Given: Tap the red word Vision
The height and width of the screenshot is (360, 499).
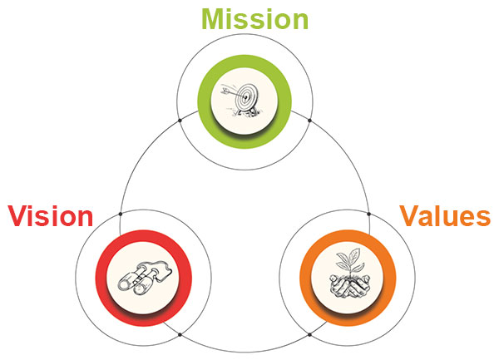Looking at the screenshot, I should [51, 216].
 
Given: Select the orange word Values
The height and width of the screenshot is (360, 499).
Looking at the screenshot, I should [444, 216].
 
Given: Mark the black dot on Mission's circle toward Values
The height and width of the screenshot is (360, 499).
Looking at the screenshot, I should [309, 121].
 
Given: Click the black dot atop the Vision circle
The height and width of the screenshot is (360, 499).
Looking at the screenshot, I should [121, 214].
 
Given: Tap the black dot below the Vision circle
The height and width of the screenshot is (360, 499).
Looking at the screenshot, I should [184, 334].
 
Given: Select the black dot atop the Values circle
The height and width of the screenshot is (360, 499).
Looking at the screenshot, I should [369, 214].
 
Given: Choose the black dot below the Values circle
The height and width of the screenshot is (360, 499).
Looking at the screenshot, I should [309, 334].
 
